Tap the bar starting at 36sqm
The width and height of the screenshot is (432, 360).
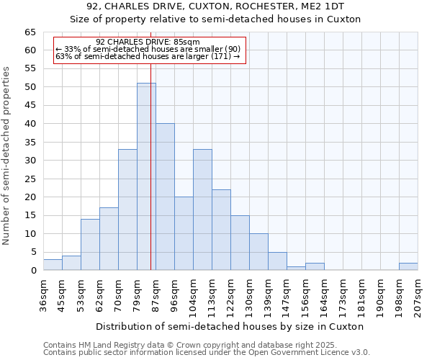coord(53,265)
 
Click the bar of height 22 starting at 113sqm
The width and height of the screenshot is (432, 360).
coord(221,230)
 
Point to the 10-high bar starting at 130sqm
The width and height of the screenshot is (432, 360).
coord(258,252)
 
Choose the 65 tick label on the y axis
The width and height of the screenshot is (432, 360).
coord(30,32)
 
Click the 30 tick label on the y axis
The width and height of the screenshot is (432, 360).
coord(30,161)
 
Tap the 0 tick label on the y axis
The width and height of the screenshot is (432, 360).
coord(33,271)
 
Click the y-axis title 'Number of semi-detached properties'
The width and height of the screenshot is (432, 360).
coord(6,156)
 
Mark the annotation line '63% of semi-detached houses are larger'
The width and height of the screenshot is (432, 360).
coord(147,56)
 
